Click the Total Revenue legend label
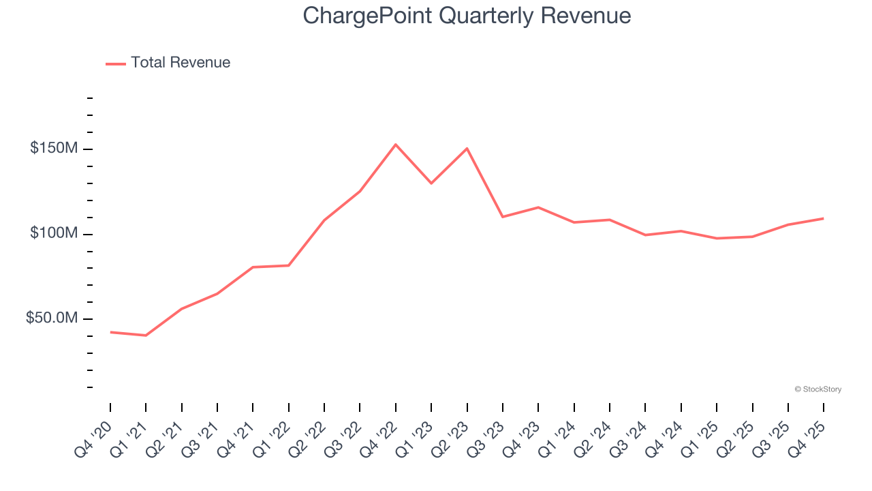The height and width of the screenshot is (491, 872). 181,63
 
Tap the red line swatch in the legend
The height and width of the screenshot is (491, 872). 116,63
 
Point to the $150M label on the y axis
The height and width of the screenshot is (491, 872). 53,149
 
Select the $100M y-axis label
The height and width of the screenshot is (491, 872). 53,234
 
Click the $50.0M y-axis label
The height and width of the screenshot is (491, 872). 51,318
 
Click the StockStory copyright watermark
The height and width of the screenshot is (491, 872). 817,389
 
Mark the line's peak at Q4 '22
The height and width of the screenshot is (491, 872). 396,145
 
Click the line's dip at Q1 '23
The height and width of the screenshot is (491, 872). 431,183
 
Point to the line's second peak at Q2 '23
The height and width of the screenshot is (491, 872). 467,149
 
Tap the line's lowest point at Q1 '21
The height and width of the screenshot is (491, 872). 146,336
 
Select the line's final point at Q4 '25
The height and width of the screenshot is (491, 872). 823,218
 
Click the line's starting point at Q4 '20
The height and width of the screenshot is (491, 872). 110,332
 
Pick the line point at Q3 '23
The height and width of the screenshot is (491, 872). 503,217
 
